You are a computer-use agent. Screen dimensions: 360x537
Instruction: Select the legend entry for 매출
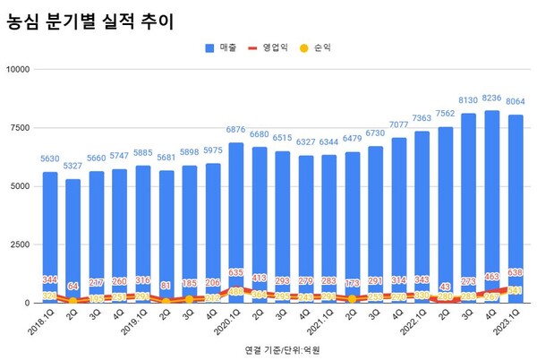(217, 47)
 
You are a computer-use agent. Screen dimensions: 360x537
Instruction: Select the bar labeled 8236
(491, 206)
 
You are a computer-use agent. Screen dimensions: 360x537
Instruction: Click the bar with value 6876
(235, 224)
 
